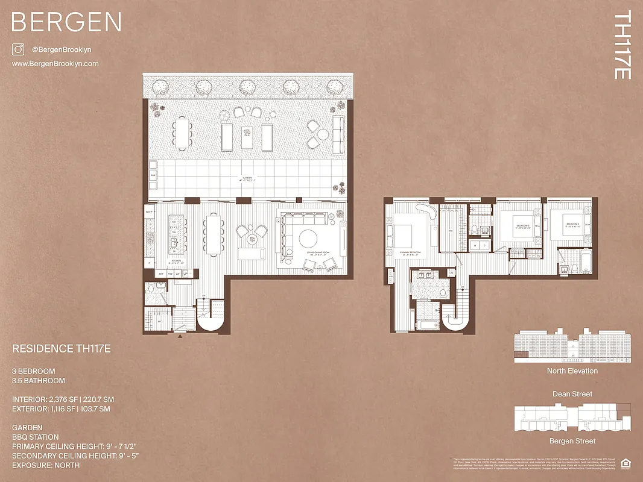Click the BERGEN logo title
pyautogui.click(x=66, y=22)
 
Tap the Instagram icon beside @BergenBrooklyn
pyautogui.click(x=18, y=49)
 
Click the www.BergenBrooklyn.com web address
pyautogui.click(x=55, y=63)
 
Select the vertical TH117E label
pyautogui.click(x=622, y=45)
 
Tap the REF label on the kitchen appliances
pyautogui.click(x=162, y=274)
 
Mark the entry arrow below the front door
pyautogui.click(x=180, y=336)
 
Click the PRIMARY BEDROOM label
pyautogui.click(x=410, y=252)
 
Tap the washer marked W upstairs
pyautogui.click(x=475, y=245)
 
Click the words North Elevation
pyautogui.click(x=572, y=371)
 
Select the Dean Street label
pyautogui.click(x=572, y=393)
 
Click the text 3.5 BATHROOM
pyautogui.click(x=39, y=381)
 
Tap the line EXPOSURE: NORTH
pyautogui.click(x=46, y=465)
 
